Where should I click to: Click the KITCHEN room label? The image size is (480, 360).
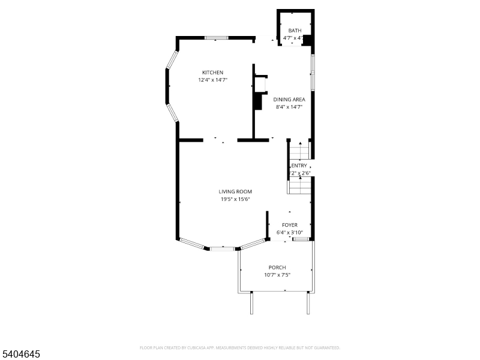(212, 73)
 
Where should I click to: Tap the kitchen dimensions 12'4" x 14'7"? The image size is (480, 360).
(212, 80)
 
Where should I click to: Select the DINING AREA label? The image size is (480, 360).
(289, 100)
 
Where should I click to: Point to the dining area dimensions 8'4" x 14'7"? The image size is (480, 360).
(289, 107)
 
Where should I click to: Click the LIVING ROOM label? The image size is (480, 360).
(235, 192)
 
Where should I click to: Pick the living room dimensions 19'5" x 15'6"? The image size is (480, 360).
(235, 199)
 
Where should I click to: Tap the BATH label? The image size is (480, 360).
(295, 31)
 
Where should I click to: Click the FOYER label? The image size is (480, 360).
(290, 225)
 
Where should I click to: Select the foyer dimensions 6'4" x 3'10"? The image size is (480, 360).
(289, 232)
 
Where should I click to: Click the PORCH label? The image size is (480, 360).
(277, 268)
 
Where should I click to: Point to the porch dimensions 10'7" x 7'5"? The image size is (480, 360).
(277, 275)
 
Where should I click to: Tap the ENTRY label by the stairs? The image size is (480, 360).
(299, 166)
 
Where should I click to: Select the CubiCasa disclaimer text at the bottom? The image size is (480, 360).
(240, 347)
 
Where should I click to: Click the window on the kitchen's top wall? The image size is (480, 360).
(216, 38)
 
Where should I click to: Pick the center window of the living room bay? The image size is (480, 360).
(222, 247)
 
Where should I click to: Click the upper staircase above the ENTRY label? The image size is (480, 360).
(299, 150)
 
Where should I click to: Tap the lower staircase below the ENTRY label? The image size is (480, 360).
(299, 186)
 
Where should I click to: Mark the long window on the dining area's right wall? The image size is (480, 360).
(312, 73)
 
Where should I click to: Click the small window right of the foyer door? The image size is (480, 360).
(301, 239)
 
